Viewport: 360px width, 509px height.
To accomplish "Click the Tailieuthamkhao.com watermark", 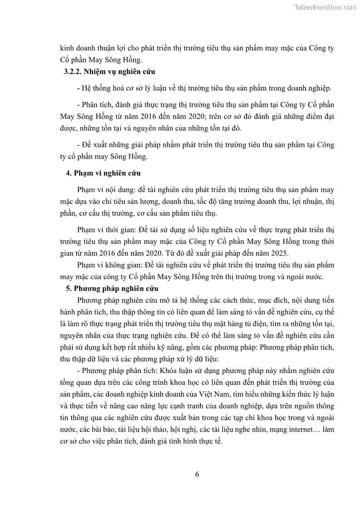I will point(325,7).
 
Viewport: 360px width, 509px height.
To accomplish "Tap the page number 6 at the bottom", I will point(197,475).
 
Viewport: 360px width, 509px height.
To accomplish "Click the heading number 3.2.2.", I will point(72,71).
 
